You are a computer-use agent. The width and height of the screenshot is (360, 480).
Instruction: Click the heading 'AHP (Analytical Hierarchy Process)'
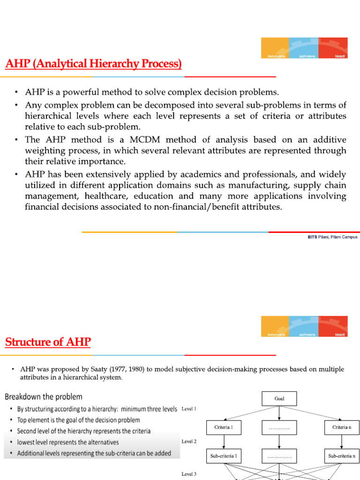[93, 64]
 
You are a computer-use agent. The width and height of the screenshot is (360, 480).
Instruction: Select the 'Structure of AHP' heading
[48, 343]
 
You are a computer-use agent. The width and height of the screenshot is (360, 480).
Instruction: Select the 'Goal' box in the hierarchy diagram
[279, 399]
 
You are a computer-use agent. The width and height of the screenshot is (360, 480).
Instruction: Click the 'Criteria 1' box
[224, 427]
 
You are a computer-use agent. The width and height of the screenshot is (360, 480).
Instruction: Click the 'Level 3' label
[188, 474]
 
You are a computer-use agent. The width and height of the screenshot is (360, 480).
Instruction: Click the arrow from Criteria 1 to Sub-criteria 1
[224, 442]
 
